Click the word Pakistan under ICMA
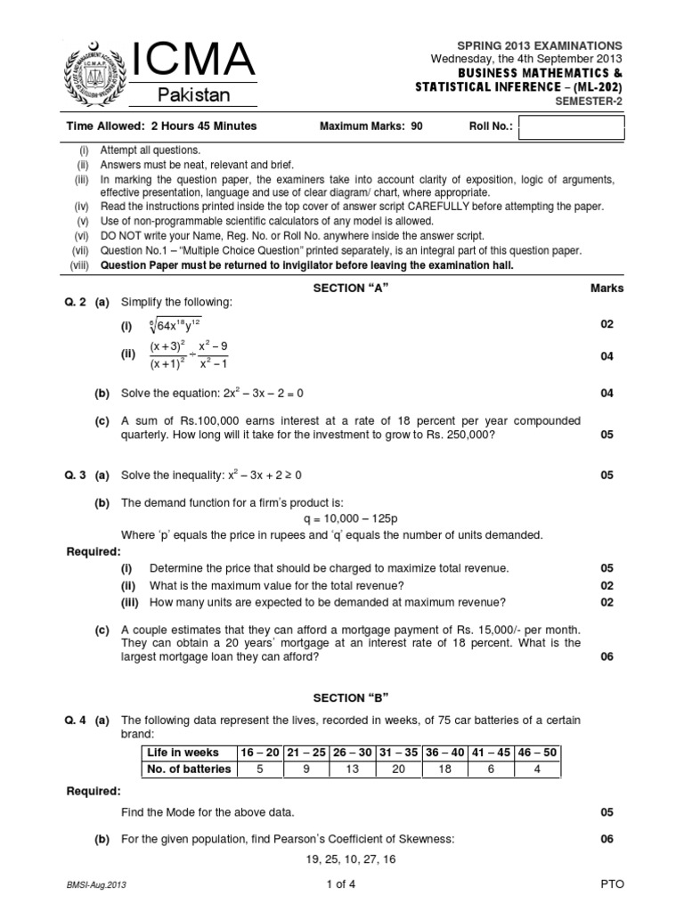193,95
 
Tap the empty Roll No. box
571,128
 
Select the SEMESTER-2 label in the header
588,101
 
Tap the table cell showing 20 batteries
398,769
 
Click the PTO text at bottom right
613,883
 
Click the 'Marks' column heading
607,289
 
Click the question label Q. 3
77,476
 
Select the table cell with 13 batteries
351,769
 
